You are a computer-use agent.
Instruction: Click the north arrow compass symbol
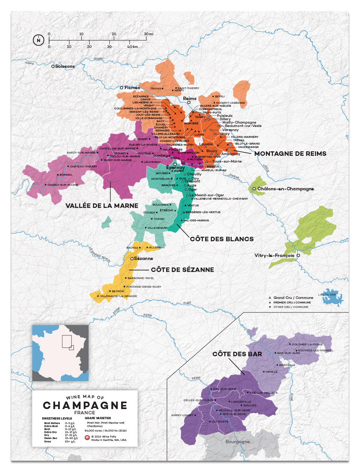click(39, 40)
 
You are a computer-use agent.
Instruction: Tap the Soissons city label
click(64, 66)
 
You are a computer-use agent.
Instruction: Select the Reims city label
click(190, 99)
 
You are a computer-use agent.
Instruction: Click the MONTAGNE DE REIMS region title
click(290, 154)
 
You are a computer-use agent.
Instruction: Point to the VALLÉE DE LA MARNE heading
click(102, 206)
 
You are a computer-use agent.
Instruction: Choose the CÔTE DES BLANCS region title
click(222, 239)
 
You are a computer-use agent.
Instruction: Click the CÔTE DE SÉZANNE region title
click(182, 270)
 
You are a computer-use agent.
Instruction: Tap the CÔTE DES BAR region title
click(237, 354)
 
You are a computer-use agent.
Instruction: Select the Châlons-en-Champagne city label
click(285, 189)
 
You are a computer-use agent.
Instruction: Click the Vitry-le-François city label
click(274, 255)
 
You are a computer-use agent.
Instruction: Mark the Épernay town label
click(175, 167)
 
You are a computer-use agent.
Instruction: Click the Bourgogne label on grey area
click(238, 442)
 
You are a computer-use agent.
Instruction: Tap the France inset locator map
click(60, 353)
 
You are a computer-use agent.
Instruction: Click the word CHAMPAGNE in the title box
click(85, 405)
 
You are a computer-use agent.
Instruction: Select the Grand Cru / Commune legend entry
click(293, 298)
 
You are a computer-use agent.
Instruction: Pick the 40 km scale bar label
click(132, 47)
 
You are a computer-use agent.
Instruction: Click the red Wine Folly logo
click(87, 438)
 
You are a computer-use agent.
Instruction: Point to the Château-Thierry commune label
click(83, 166)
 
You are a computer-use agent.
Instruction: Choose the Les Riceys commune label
click(220, 421)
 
